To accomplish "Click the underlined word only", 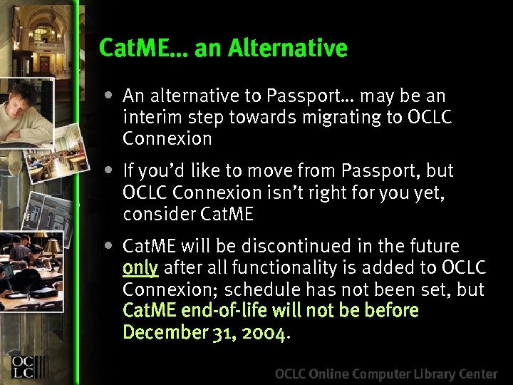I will [x=140, y=269].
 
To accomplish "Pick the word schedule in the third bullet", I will [x=265, y=290].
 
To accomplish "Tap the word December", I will [x=164, y=333].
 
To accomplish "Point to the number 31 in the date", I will [x=221, y=333].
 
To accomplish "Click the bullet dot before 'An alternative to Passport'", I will [x=107, y=95].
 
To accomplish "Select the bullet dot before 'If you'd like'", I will [x=107, y=170].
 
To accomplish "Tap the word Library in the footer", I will [x=425, y=374].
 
